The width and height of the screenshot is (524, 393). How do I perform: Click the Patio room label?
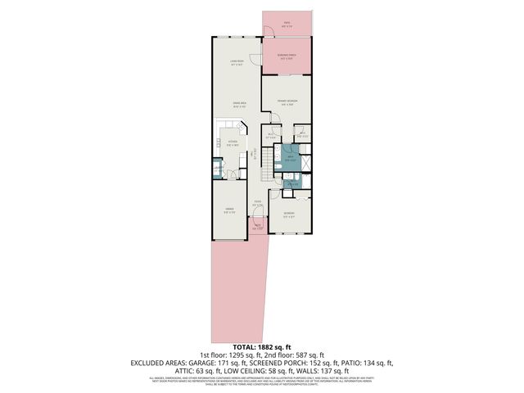click(287, 24)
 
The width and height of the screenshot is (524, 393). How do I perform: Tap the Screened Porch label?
click(287, 57)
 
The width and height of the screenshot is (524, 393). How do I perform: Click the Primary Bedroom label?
click(287, 102)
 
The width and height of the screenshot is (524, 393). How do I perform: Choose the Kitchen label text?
click(232, 143)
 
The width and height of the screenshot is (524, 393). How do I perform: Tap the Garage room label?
click(230, 210)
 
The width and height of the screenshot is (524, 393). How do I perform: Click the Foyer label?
click(257, 204)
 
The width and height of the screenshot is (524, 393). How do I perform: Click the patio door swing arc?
click(269, 32)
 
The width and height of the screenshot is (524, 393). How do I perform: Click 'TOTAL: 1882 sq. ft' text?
click(262, 349)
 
